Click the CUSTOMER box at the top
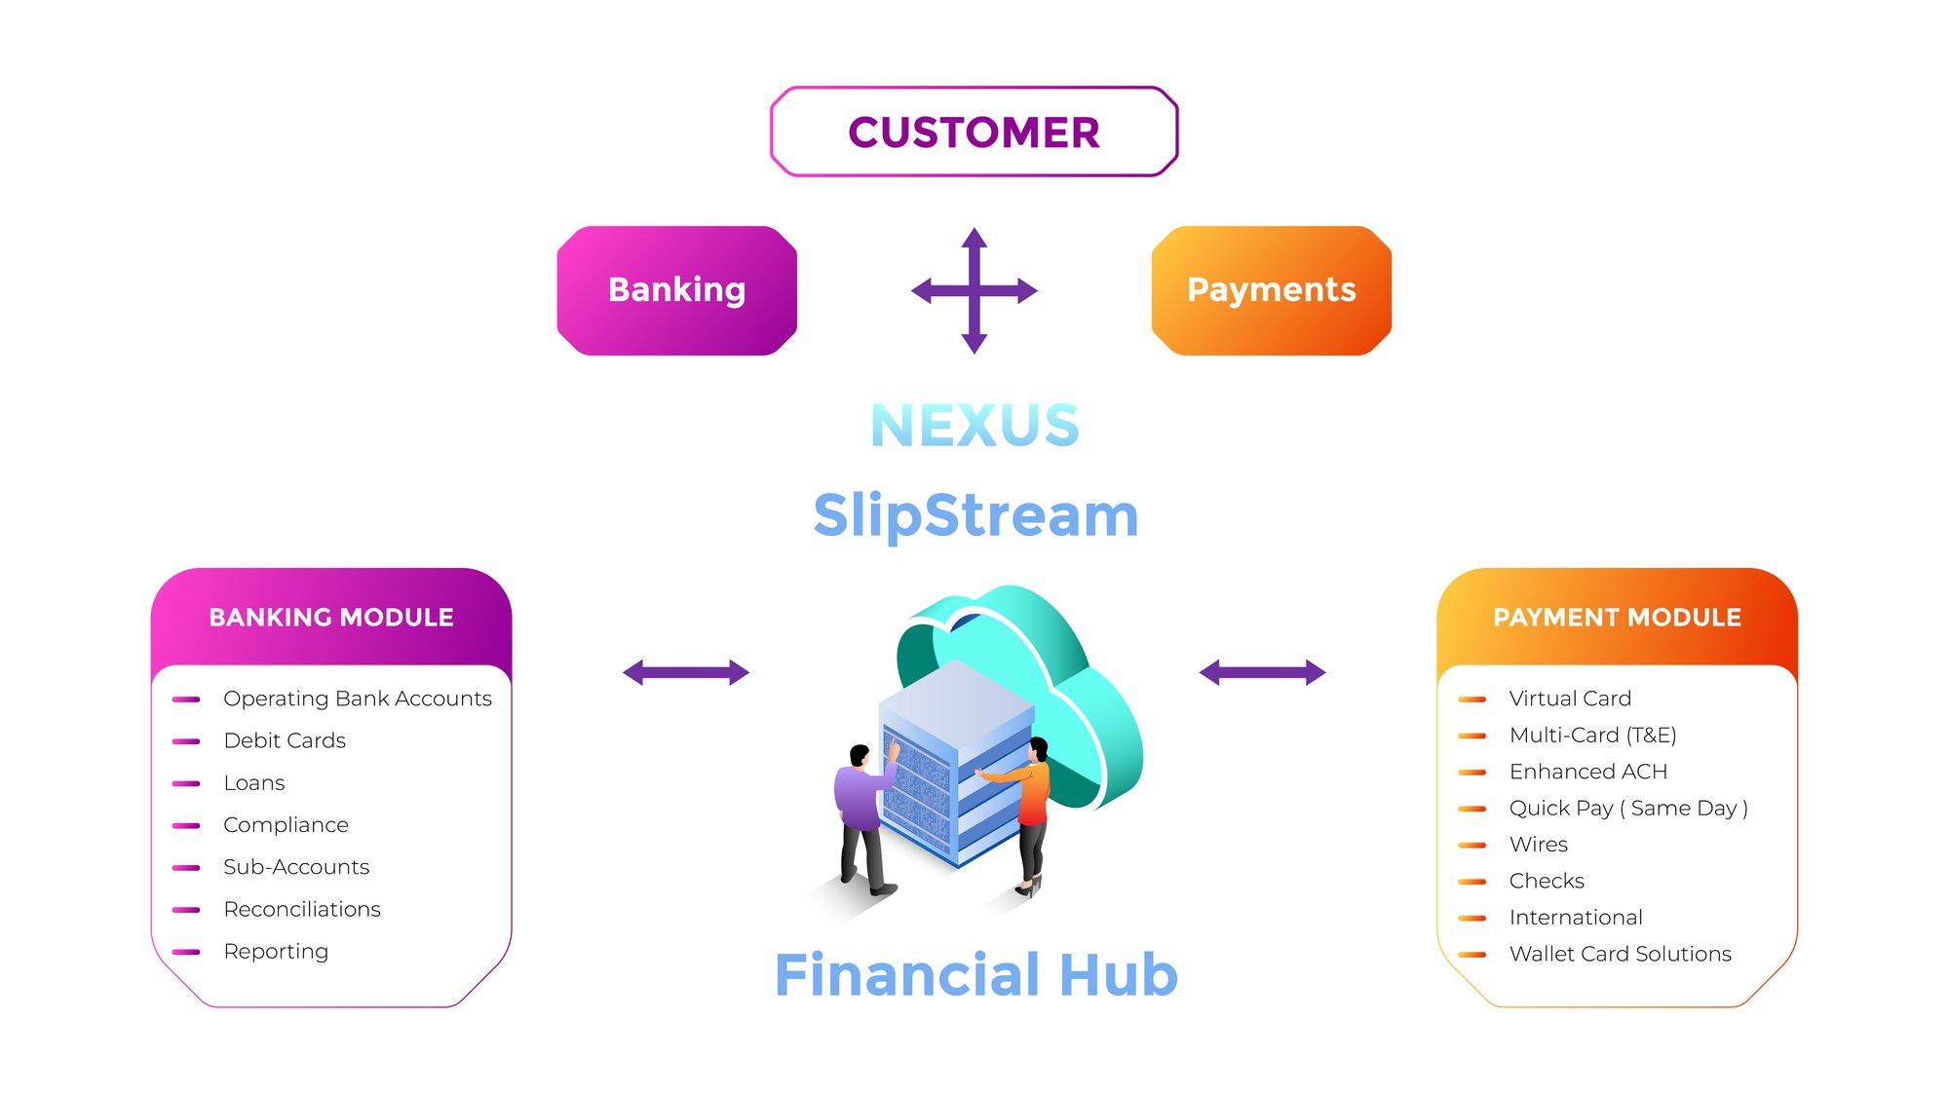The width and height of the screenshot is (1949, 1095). pos(974,132)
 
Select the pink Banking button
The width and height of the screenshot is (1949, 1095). pos(676,290)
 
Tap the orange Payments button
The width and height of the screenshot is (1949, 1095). pos(1271,290)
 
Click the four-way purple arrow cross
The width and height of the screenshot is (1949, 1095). pos(974,290)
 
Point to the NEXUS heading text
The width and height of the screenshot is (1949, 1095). pos(974,426)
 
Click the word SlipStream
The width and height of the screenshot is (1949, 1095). pos(975,514)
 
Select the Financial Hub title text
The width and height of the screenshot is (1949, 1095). pos(975,974)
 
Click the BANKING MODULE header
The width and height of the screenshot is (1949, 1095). pos(331,618)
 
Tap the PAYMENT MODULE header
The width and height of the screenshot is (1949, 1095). pos(1617,618)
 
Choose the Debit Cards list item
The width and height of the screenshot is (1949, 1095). pos(285,740)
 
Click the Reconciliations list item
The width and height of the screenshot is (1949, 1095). pos(302,909)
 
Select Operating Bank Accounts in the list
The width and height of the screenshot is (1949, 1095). pos(357,699)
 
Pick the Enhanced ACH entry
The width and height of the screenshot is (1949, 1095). pos(1587,772)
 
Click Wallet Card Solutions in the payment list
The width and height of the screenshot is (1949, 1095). pos(1620,954)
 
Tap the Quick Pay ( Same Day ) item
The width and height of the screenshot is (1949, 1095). pos(1627,808)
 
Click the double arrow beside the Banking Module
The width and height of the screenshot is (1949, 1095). pos(686,672)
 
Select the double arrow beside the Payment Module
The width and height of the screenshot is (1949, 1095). pos(1262,672)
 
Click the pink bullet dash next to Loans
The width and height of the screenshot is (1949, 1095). pos(186,783)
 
